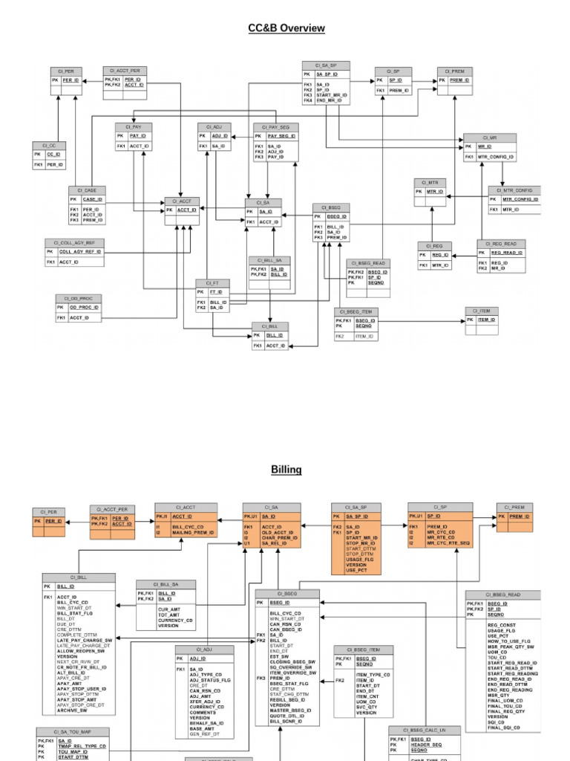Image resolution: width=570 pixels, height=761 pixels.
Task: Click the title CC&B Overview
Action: (x=286, y=28)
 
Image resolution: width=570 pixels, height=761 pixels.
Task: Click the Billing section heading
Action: (x=286, y=470)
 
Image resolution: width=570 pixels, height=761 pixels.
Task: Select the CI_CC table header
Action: (x=49, y=146)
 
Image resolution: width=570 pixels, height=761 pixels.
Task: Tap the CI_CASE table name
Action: (x=90, y=190)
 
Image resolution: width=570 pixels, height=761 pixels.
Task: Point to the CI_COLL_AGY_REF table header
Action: (x=74, y=243)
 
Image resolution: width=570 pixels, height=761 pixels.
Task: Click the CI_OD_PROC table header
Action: (x=78, y=298)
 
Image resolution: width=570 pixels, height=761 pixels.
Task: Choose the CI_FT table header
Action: (x=213, y=283)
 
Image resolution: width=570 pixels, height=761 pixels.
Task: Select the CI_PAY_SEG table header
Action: (x=275, y=127)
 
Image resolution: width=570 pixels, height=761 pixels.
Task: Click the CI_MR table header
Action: (x=489, y=137)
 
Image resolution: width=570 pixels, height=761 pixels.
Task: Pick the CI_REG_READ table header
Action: (x=501, y=244)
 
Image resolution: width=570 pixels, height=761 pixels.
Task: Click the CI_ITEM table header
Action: (x=482, y=311)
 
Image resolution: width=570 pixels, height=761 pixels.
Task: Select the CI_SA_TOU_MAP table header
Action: (x=73, y=732)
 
